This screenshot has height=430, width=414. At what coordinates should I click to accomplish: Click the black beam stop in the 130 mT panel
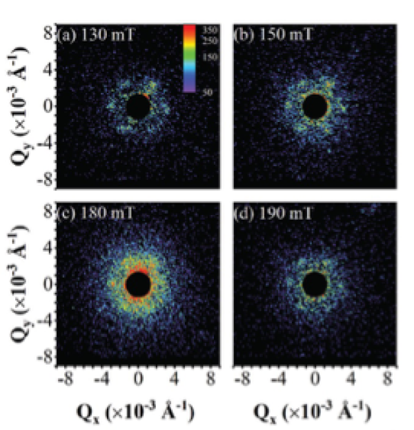pos(138,107)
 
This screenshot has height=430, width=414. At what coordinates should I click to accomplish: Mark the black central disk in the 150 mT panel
pos(315,107)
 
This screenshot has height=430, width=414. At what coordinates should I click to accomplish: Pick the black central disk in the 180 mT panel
pos(138,284)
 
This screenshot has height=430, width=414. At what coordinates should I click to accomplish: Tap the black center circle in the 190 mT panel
pos(315,284)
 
